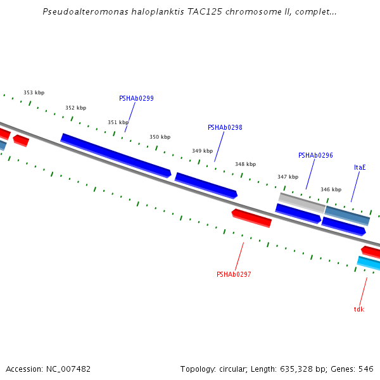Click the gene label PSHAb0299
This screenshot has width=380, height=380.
[x=136, y=99]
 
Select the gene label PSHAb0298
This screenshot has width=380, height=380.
[x=225, y=127]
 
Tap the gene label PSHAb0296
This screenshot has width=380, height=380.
[x=315, y=155]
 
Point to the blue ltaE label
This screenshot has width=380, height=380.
[x=360, y=167]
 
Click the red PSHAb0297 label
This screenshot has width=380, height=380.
[x=234, y=274]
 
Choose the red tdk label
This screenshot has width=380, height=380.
[x=359, y=309]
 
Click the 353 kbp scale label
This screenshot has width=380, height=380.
[x=34, y=92]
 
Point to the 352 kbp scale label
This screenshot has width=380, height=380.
[x=75, y=108]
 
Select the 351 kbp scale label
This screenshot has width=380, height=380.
[x=118, y=122]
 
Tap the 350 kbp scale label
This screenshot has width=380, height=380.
[x=160, y=137]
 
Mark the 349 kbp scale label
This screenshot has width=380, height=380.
[x=202, y=151]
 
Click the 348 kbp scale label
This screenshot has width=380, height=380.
[x=245, y=164]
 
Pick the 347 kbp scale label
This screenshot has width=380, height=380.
[x=288, y=177]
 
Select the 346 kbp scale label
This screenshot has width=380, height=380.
[x=331, y=189]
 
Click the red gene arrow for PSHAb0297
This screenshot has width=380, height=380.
[x=251, y=218]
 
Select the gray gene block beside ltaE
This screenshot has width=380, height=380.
[x=301, y=202]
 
